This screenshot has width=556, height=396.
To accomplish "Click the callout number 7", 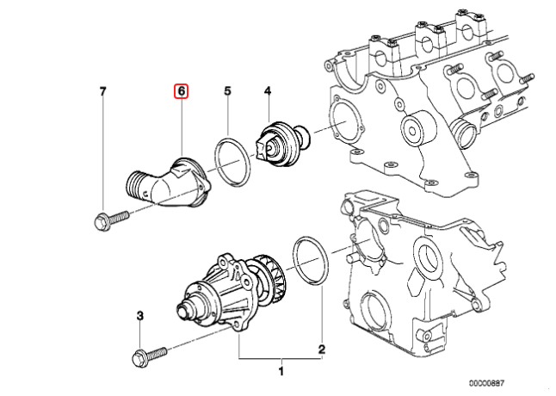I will point(102,90).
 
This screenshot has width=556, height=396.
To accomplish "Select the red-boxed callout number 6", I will point(182,90).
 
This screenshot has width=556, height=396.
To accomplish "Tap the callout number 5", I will point(228,90).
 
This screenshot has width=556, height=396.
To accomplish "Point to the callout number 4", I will point(268,90).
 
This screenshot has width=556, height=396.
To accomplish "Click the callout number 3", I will point(139,319).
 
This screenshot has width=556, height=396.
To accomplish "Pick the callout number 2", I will point(321,350).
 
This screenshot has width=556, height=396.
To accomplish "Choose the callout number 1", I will point(280,371).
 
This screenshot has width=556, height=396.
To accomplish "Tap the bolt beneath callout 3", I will point(147,354).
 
